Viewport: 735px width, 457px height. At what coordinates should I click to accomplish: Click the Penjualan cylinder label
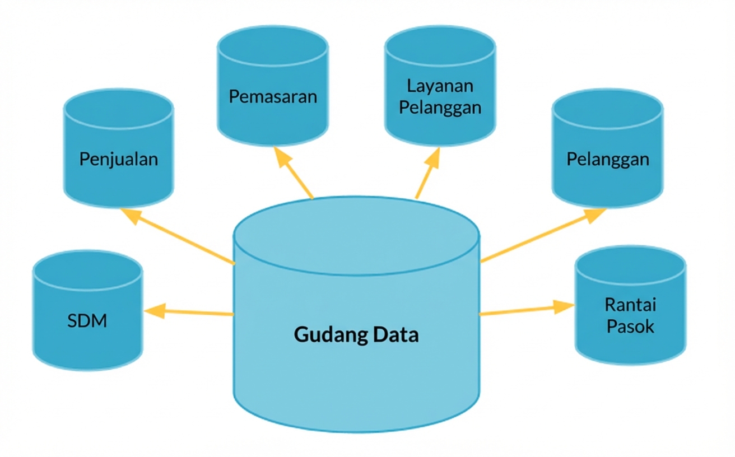(x=118, y=159)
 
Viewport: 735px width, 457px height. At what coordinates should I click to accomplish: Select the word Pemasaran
(x=273, y=96)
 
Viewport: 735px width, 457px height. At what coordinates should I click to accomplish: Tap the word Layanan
(x=440, y=86)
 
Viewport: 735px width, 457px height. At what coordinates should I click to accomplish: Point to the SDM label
(x=87, y=321)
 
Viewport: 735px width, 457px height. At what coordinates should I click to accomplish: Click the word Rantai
(x=630, y=305)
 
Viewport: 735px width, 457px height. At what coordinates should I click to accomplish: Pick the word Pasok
(x=630, y=326)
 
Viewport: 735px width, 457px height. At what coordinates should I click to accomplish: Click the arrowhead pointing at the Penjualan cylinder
(x=130, y=216)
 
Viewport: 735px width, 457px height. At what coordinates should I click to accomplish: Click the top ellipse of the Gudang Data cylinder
(x=356, y=236)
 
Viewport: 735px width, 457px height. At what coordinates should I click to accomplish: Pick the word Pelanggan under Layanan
(x=440, y=106)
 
